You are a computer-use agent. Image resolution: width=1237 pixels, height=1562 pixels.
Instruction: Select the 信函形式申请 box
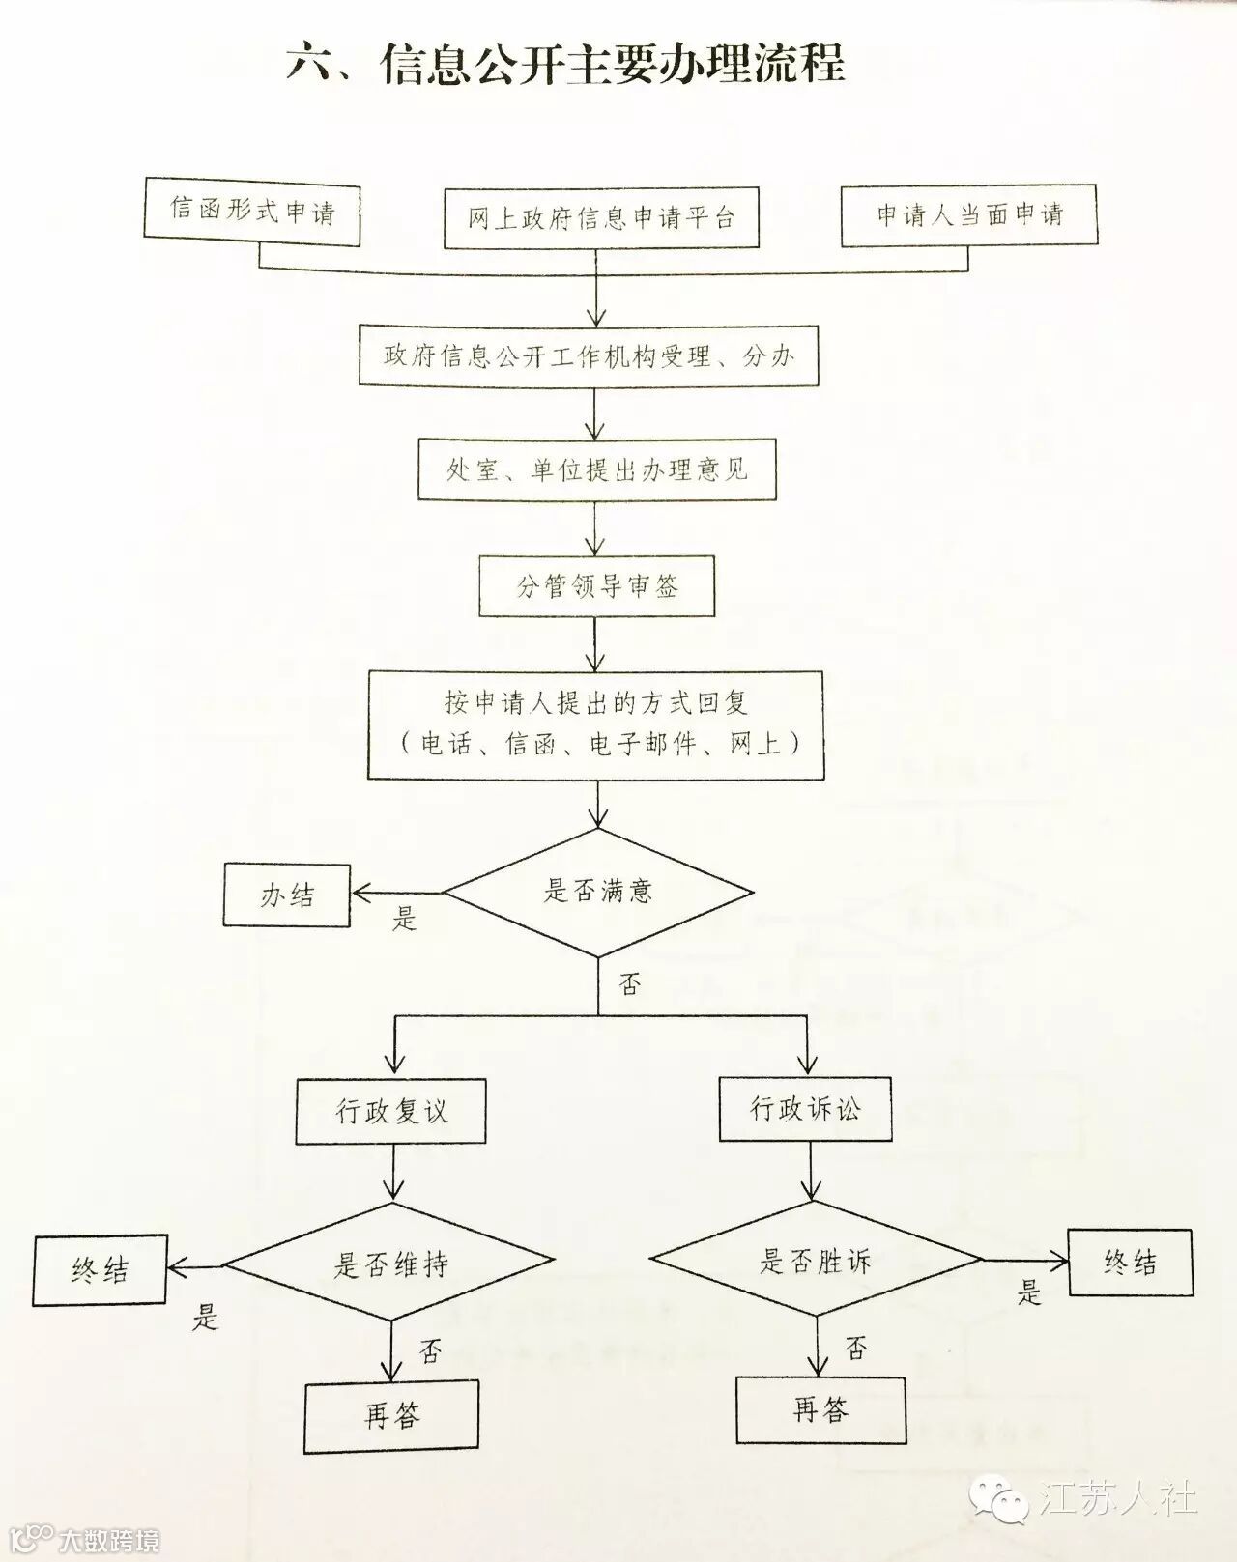coord(252,212)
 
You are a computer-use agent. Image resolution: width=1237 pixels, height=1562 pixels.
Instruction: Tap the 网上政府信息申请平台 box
coord(601,218)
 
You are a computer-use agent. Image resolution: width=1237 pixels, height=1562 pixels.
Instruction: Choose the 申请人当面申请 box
coord(969,214)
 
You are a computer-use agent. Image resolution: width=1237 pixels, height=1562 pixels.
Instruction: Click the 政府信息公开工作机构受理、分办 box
coord(590,356)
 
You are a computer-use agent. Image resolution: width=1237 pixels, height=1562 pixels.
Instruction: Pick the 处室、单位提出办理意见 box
coord(597,470)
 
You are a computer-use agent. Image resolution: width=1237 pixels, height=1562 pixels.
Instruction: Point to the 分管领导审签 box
coord(597,586)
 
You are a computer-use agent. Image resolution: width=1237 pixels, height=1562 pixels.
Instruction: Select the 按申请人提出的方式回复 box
coord(596,724)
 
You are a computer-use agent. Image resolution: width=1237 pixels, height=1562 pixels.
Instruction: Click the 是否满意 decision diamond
coord(598,892)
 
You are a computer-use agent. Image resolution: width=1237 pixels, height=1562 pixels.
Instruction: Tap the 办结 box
coord(287,895)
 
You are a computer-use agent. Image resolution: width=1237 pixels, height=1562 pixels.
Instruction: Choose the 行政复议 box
coord(391,1111)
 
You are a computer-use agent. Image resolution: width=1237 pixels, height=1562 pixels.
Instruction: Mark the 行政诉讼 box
coord(804,1108)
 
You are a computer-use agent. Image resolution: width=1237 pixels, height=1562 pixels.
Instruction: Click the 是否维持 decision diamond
coord(390,1264)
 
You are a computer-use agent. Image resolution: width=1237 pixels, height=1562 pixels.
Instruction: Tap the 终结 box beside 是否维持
coord(101,1269)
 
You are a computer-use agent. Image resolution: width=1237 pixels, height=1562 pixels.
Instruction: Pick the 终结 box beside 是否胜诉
coord(1130,1262)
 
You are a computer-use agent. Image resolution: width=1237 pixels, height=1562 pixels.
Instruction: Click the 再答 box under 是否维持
coord(391,1416)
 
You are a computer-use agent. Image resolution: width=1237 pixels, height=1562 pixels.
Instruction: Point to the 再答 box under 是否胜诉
coord(821,1409)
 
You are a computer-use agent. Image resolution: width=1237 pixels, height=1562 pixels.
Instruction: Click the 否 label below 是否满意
coord(630,985)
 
